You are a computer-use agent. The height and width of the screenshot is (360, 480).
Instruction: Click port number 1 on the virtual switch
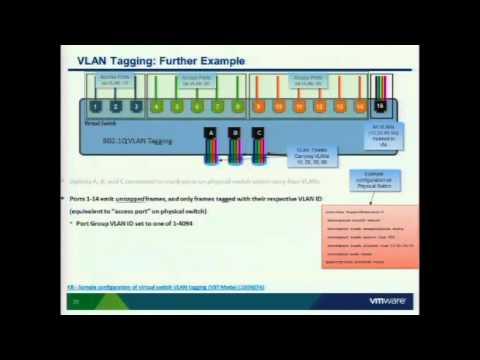click(x=95, y=105)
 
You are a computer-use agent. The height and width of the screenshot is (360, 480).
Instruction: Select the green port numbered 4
click(x=157, y=105)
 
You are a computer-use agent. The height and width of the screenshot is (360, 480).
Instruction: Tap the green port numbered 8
click(x=238, y=105)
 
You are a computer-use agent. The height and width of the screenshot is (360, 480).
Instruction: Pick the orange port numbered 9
click(x=260, y=105)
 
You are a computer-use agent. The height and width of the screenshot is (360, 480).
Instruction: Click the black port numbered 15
click(x=380, y=105)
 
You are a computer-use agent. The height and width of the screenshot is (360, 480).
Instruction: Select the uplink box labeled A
click(x=210, y=132)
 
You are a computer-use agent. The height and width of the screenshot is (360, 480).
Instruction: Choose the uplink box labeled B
click(x=235, y=132)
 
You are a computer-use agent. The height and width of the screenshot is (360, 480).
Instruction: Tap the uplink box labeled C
click(x=260, y=132)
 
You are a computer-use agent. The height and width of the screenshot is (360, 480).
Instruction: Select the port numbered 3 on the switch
click(x=135, y=105)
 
